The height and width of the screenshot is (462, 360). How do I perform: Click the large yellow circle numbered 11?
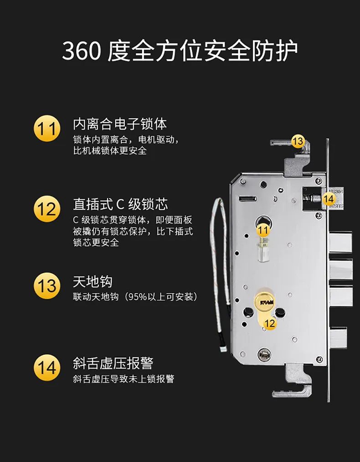pos(47,129)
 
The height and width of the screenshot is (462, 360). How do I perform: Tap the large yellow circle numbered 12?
pos(47,209)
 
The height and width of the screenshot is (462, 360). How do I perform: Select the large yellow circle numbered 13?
pos(47,286)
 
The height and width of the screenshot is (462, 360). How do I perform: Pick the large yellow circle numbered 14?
pos(47,368)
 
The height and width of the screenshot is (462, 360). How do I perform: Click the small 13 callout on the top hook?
pos(298,141)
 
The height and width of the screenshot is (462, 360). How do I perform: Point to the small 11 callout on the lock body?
pos(263,230)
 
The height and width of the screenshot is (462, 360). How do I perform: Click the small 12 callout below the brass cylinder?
pos(270,323)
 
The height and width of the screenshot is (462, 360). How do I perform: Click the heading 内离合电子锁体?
pos(120,124)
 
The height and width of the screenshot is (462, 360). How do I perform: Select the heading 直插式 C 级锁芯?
pos(120,204)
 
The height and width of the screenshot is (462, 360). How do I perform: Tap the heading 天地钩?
pos(93,282)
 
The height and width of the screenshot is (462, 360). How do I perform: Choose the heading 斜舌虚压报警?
pos(113,363)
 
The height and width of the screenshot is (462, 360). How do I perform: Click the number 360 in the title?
pos(82,51)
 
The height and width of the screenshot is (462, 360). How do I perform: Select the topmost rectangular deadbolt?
pos(340,242)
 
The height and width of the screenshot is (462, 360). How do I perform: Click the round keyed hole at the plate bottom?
pos(264,354)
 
